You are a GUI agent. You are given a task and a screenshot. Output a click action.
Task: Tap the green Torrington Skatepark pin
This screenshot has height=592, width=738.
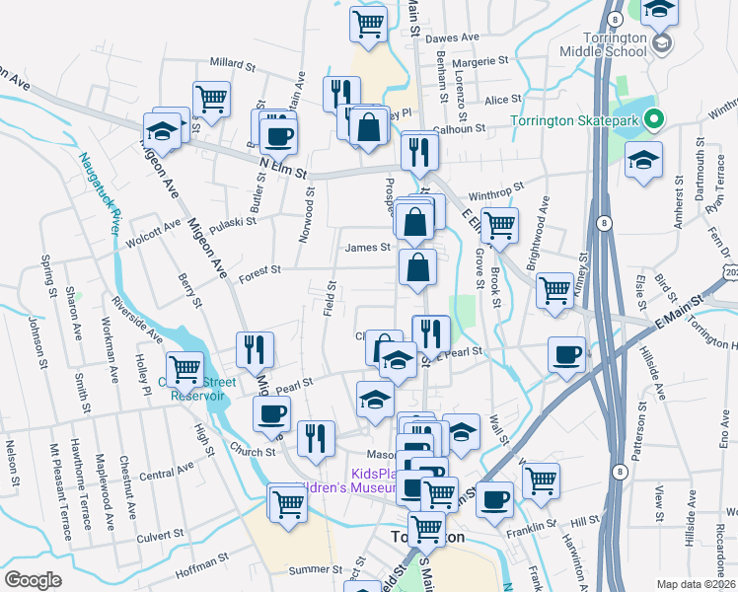(x=654, y=121)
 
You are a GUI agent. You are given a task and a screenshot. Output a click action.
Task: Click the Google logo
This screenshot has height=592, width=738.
(x=33, y=579)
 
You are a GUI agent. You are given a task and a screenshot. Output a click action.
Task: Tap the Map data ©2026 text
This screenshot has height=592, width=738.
(x=697, y=584)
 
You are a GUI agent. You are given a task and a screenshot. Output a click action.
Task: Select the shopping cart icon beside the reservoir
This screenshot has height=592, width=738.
(x=184, y=369)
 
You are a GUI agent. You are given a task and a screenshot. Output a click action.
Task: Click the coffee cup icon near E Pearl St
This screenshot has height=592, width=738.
(x=567, y=354)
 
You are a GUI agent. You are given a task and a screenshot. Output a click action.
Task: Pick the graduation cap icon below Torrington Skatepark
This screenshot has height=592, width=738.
(x=643, y=159)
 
